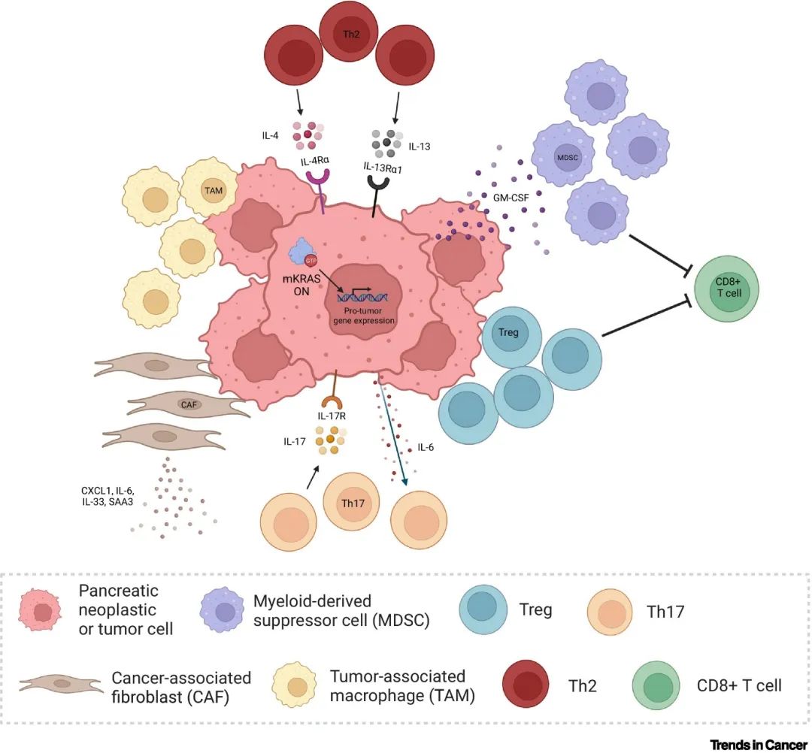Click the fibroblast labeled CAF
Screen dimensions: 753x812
(189, 404)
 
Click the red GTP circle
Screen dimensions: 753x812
(311, 260)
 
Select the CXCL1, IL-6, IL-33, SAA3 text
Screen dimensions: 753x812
(108, 497)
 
